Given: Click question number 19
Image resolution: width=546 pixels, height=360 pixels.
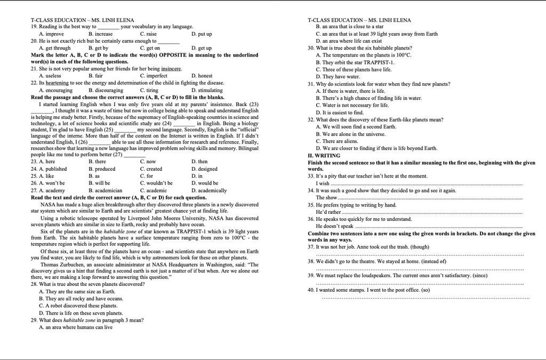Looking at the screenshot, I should (x=34, y=26).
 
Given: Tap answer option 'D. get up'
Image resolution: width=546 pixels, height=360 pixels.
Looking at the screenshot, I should (x=201, y=48).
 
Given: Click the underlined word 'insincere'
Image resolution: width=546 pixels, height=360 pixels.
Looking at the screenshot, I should (x=171, y=69).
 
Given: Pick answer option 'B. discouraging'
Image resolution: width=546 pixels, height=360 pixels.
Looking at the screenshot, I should (x=106, y=90).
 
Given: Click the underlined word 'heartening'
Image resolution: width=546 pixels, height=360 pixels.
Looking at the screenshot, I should (x=57, y=83).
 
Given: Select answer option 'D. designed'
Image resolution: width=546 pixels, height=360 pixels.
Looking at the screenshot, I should (x=204, y=169).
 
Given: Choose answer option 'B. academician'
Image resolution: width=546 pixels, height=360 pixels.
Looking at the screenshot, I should (x=105, y=190).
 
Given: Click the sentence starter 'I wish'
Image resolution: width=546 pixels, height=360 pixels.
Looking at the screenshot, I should (x=323, y=183).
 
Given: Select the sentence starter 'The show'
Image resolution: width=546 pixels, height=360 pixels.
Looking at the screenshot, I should (x=326, y=198).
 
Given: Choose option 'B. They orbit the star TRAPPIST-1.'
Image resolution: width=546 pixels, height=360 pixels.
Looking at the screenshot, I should (x=355, y=62).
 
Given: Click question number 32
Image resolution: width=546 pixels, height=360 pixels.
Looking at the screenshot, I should (x=311, y=120).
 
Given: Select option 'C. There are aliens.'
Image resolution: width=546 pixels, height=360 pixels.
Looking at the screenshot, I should (x=337, y=141).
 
